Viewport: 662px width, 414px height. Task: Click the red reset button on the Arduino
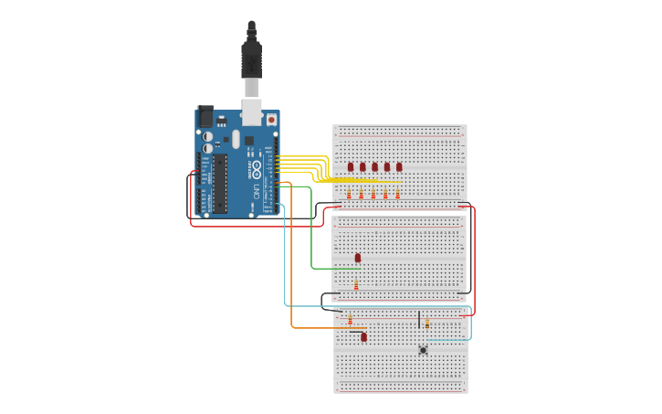[x=271, y=119]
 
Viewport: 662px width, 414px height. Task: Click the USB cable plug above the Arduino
[x=251, y=59]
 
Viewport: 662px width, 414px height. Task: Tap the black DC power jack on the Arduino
[x=205, y=116]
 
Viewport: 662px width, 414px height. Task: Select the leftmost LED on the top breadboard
[x=351, y=166]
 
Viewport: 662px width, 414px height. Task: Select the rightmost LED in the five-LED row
[x=399, y=166]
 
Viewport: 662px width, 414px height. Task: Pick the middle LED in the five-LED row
[x=374, y=166]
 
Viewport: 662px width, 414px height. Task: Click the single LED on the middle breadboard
[x=358, y=258]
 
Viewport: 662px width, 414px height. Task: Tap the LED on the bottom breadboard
[x=363, y=337]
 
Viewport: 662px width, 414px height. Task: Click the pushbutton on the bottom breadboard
[x=423, y=349]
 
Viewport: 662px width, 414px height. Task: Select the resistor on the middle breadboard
[x=356, y=286]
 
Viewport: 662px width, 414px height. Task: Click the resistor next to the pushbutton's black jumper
[x=426, y=324]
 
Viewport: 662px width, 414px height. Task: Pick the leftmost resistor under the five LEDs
[x=349, y=194]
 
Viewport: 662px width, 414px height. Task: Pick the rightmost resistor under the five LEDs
[x=397, y=194]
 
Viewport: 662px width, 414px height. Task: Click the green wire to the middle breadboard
[x=312, y=238]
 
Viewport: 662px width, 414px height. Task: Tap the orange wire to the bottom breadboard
[x=291, y=274]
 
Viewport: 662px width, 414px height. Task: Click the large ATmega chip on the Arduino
[x=220, y=183]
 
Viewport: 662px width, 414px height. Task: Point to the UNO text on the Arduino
[x=256, y=192]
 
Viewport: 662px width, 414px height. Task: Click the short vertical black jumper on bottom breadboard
[x=419, y=320]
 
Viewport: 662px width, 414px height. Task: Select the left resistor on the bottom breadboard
[x=351, y=320]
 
